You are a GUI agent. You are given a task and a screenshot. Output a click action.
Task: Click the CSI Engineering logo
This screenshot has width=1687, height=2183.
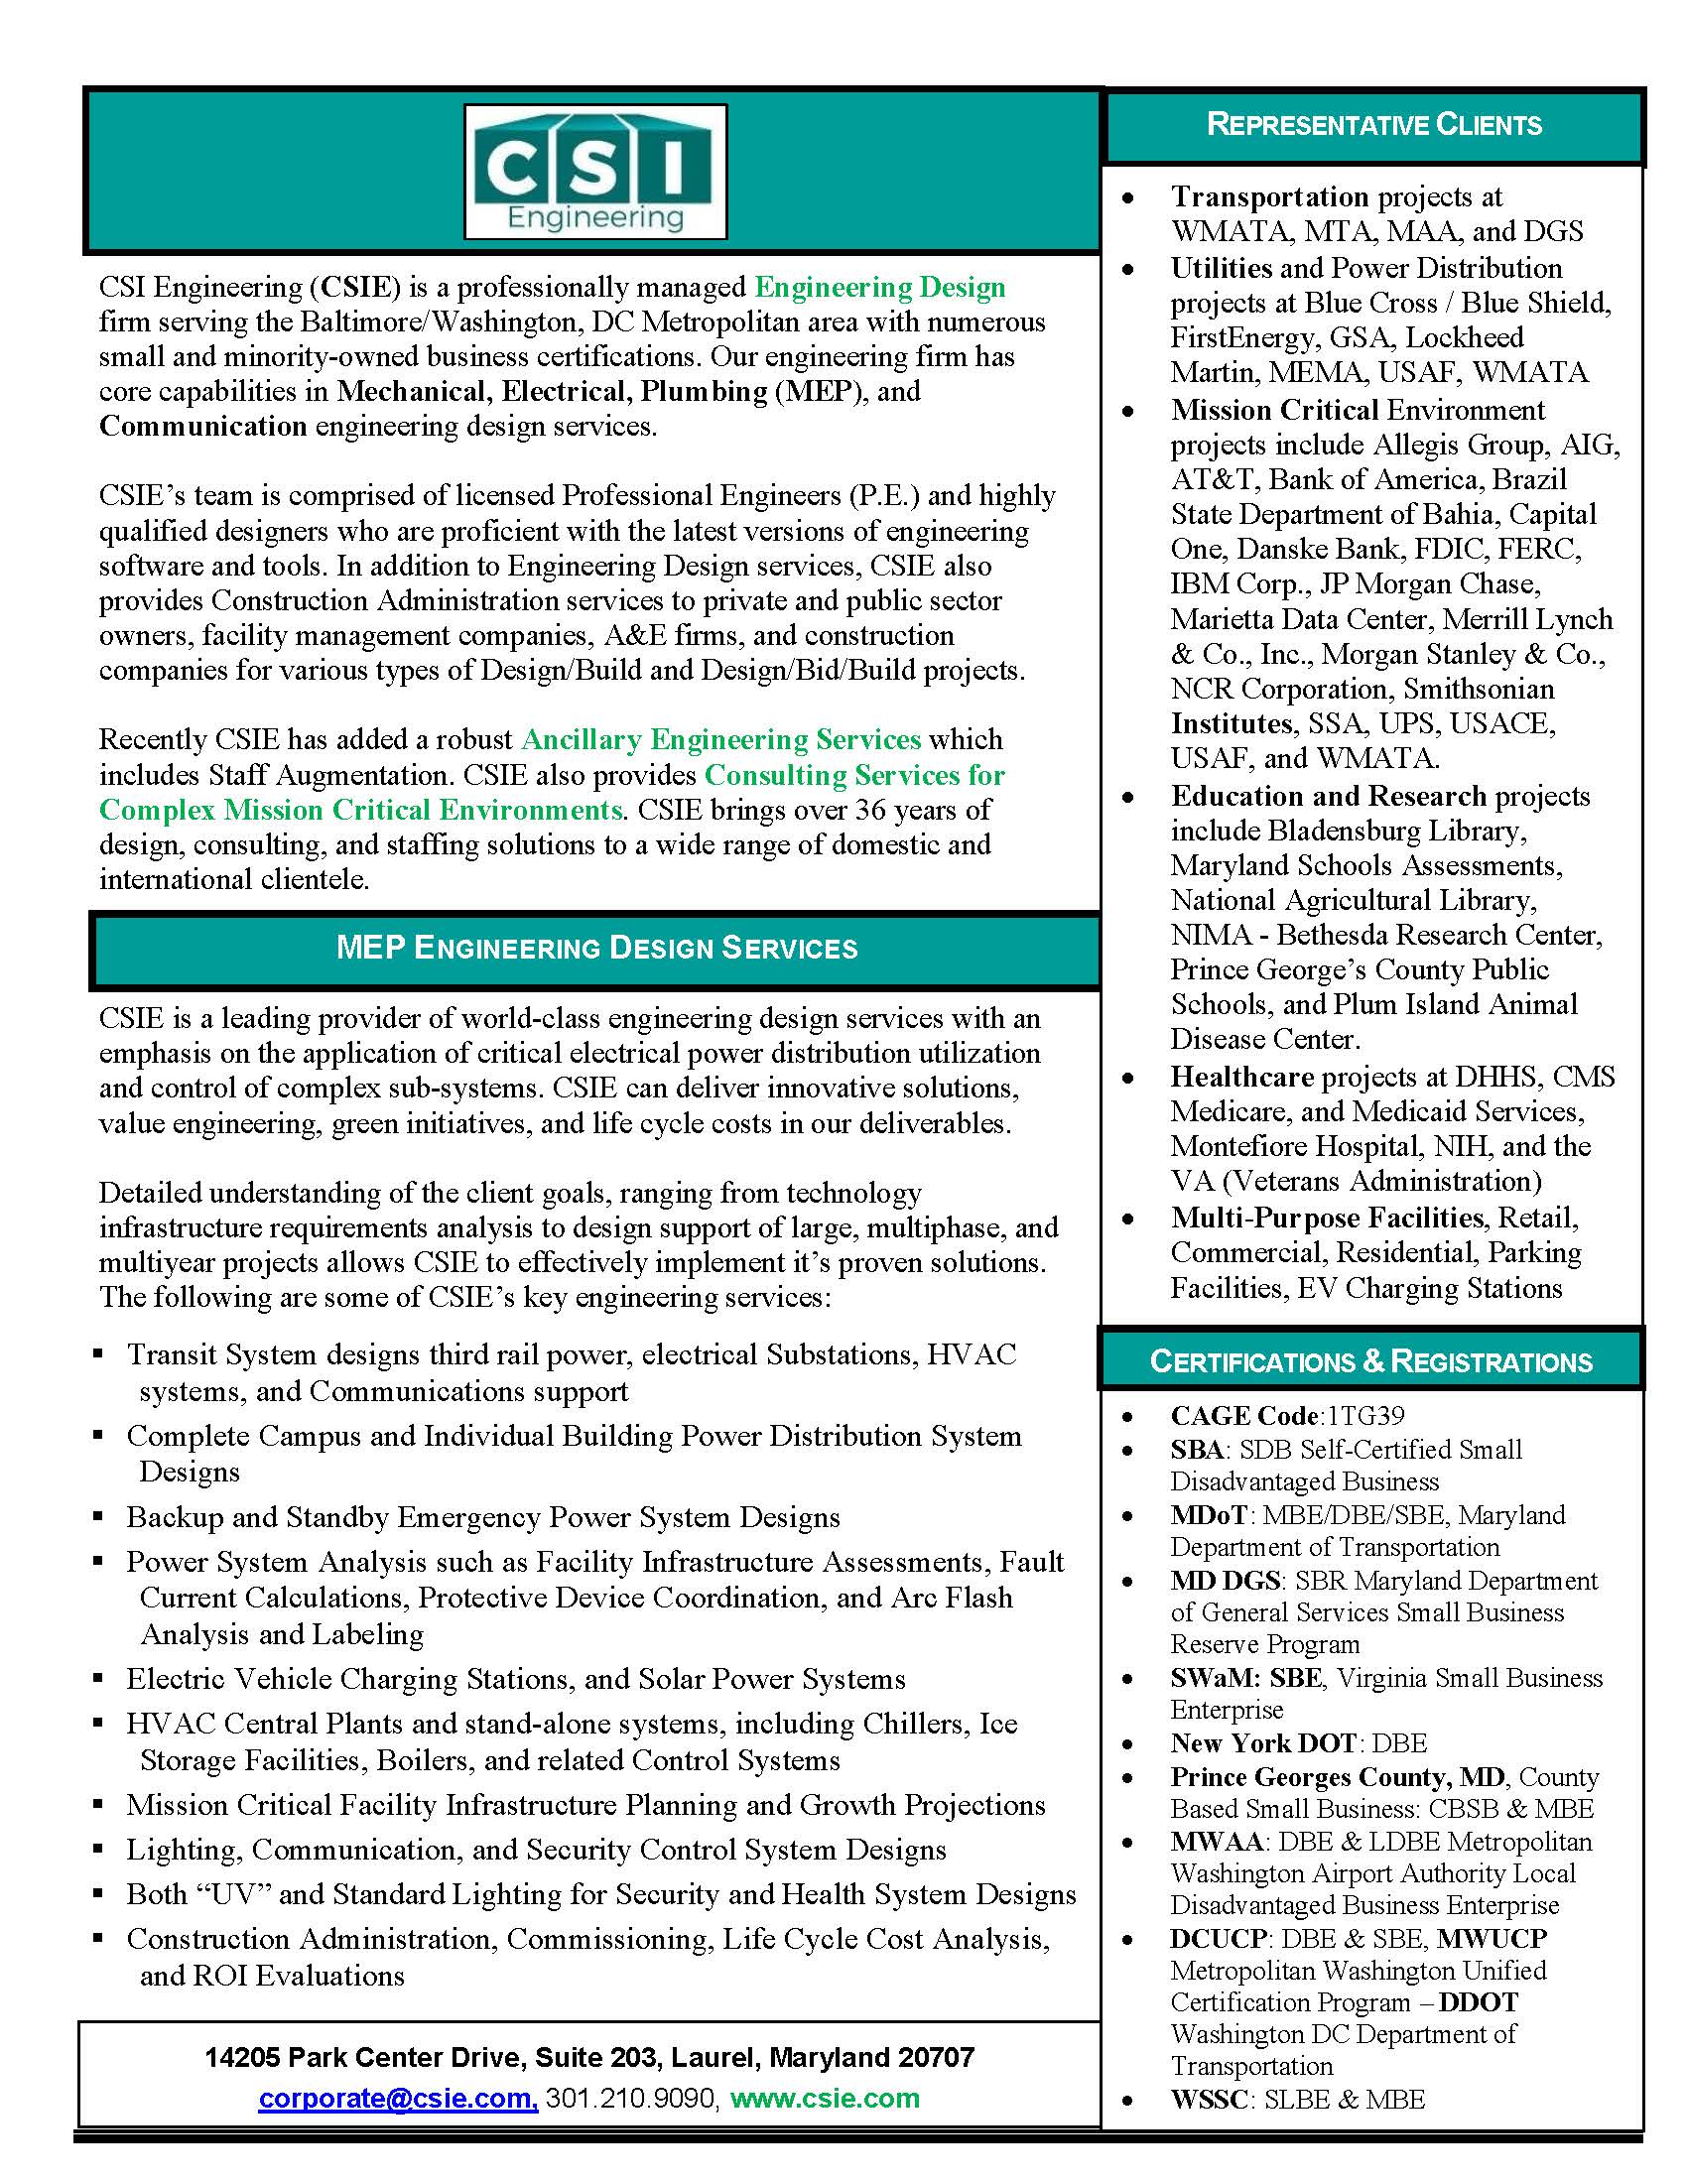[595, 171]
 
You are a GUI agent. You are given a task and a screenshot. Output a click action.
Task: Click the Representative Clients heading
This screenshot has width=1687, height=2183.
[1373, 125]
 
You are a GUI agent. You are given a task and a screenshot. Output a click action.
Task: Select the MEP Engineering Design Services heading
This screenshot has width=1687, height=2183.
[596, 948]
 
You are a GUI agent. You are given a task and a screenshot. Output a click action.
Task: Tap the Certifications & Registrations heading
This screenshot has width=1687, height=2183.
[1370, 1361]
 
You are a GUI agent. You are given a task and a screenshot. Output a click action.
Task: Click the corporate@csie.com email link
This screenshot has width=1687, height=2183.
[398, 2097]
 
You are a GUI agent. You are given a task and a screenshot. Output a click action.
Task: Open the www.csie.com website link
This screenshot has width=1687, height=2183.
[825, 2097]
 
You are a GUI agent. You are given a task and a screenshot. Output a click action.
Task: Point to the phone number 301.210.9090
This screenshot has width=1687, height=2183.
[630, 2097]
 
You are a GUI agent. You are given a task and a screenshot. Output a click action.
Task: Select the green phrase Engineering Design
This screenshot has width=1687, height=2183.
[879, 287]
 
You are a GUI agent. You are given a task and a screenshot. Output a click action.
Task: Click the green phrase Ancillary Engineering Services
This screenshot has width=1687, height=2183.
[720, 739]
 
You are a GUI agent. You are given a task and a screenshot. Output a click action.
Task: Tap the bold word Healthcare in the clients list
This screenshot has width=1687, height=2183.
[1242, 1077]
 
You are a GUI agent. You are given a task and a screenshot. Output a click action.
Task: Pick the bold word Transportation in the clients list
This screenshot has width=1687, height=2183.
[1269, 195]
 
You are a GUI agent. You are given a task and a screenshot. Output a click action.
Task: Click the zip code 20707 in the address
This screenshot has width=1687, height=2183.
[937, 2057]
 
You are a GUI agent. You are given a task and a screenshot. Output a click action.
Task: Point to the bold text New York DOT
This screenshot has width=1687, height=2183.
[1262, 1743]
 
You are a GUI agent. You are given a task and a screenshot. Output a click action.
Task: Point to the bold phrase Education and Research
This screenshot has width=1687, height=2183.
[1328, 796]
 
